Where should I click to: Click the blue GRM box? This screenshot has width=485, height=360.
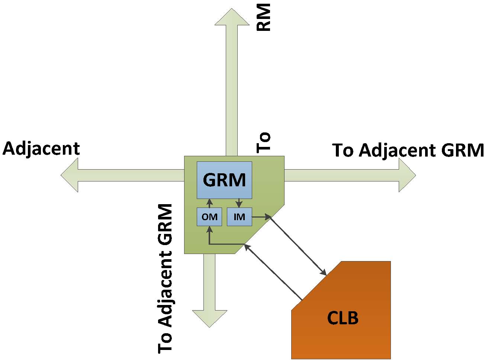224,180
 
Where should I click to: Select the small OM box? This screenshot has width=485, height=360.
209,217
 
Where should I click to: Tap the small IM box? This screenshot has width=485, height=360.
239,217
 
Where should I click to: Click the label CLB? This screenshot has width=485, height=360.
343,318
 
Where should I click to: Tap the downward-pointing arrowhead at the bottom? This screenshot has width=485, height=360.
209,318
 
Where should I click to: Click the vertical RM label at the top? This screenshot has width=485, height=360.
264,17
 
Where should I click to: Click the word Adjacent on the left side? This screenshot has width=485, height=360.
41,149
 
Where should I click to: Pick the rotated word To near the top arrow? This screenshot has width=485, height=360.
264,142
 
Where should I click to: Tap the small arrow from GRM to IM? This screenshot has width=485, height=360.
239,204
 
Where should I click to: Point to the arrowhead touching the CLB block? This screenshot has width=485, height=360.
324,273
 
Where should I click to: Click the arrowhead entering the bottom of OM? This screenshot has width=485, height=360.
209,229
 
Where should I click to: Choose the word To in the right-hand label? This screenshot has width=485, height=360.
344,151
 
